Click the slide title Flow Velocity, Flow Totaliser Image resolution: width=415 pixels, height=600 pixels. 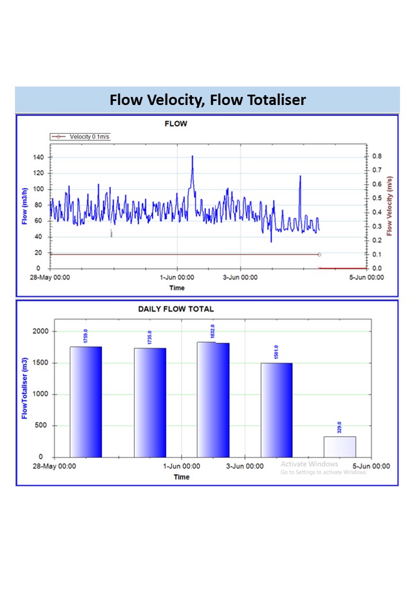click(207, 100)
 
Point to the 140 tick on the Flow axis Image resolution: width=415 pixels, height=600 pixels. click(38, 157)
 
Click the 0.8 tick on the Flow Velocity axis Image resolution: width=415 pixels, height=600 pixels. click(377, 157)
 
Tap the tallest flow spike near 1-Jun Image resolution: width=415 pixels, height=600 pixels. click(192, 157)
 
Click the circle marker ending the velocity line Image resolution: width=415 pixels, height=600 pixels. click(319, 254)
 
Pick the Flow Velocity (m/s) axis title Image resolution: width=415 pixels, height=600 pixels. click(390, 206)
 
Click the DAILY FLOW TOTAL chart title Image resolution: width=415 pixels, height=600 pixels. click(176, 309)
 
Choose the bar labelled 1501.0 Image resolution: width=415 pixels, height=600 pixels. click(277, 410)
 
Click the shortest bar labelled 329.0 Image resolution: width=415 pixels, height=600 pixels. click(339, 447)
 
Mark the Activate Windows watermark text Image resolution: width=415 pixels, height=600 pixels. click(310, 464)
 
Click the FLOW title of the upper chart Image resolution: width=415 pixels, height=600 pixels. click(176, 123)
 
